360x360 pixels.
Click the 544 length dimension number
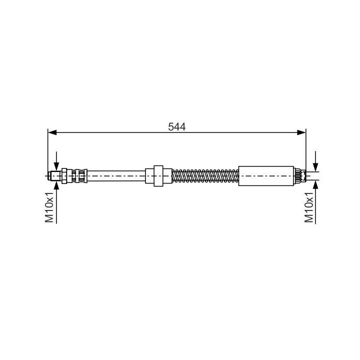coord(177,127)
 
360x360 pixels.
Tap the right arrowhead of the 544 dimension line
coord(302,132)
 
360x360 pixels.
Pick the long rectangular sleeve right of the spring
coord(265,175)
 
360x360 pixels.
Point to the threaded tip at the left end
coord(55,175)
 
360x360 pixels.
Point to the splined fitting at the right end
coord(299,175)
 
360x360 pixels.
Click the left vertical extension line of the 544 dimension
coord(48,150)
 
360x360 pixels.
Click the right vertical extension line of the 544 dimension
coord(305,150)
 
